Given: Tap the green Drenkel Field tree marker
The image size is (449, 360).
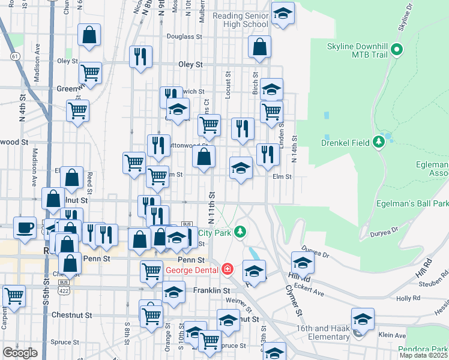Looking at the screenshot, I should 379,142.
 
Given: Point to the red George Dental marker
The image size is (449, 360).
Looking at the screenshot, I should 228,268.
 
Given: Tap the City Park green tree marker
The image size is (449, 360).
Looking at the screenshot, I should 240,232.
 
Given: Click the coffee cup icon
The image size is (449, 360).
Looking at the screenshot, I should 25,227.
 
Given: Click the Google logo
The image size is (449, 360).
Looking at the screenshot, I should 20,353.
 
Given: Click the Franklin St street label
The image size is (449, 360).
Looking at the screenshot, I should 211,290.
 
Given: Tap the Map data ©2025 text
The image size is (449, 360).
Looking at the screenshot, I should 424,355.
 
